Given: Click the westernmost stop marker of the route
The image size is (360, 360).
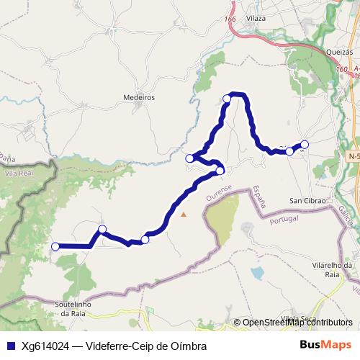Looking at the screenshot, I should [x=55, y=246].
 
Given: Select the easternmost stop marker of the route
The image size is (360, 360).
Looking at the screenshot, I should [x=305, y=144].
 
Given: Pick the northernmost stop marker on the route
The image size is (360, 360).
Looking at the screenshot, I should [x=227, y=98].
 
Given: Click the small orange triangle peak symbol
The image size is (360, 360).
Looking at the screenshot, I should [x=184, y=214].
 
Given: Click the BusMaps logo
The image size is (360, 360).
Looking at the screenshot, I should [x=325, y=345].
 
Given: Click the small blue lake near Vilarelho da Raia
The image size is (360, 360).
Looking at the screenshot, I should [x=258, y=274].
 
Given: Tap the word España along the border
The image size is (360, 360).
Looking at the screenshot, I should [x=258, y=197].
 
